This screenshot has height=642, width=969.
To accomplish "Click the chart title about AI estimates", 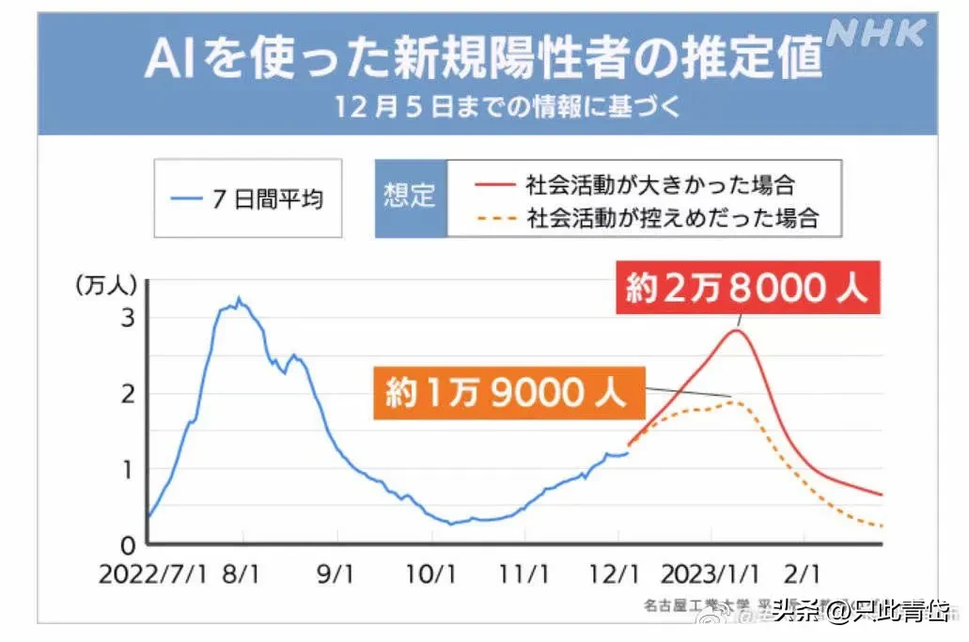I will click(x=482, y=58).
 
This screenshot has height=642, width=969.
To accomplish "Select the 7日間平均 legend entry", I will click(x=247, y=198).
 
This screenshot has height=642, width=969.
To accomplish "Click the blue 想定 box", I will click(x=410, y=197).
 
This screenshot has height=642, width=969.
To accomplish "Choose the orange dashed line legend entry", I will click(x=648, y=218).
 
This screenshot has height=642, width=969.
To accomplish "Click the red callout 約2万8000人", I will click(x=747, y=288).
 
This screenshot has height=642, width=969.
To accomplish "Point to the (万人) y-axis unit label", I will click(x=107, y=283).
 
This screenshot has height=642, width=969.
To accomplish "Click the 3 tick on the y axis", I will click(x=128, y=318).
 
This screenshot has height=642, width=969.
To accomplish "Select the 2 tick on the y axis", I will click(x=128, y=394).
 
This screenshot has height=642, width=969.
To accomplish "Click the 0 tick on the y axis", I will click(x=128, y=545).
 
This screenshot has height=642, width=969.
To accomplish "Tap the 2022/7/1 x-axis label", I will click(x=154, y=573).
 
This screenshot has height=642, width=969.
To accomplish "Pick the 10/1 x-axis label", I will click(x=431, y=573).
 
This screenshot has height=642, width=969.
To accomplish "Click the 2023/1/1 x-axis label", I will click(x=709, y=573).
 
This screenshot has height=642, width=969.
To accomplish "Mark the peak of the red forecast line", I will click(x=736, y=329).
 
